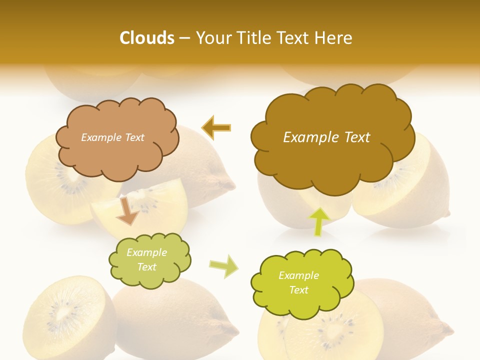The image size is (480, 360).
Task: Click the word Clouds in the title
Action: tap(146, 38)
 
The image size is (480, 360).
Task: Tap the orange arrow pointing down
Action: tap(127, 210)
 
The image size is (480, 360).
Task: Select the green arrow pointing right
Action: tap(223, 266)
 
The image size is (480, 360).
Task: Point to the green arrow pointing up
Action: tap(318, 221)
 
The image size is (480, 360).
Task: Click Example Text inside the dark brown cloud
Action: tap(326, 137)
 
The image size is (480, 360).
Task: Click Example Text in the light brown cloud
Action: tap(112, 137)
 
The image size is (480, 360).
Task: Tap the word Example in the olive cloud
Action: tap(146, 252)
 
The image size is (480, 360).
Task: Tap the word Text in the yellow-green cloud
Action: tap(299, 290)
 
